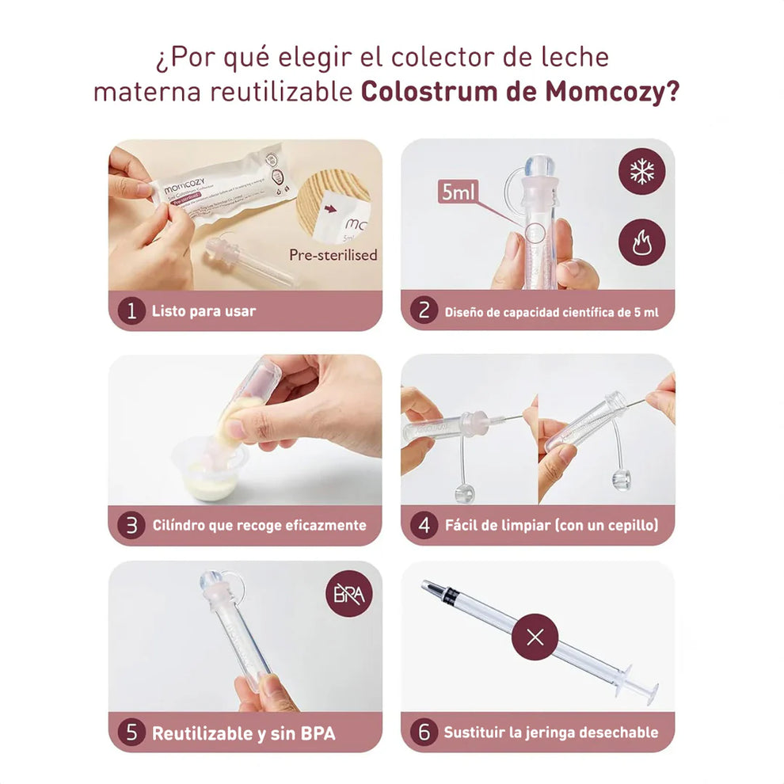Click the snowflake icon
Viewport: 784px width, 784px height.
[x=641, y=171]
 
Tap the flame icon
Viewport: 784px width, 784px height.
[x=641, y=242]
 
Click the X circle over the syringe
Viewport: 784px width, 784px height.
[x=535, y=637]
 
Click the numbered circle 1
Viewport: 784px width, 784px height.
[x=131, y=310]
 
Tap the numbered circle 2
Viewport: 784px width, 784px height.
[x=424, y=310]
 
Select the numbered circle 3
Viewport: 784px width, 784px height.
[x=131, y=524]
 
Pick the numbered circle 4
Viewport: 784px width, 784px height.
[x=424, y=524]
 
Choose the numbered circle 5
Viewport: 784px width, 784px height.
[x=131, y=733]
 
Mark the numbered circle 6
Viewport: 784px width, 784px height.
[x=424, y=733]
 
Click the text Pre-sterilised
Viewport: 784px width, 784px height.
[x=333, y=255]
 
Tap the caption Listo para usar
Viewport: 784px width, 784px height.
[x=204, y=311]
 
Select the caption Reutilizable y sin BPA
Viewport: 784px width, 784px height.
[x=243, y=733]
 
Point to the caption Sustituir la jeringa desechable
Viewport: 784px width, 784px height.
[x=550, y=733]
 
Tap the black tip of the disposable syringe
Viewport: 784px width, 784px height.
[x=432, y=588]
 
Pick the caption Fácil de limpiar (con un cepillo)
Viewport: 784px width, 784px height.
[x=551, y=524]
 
